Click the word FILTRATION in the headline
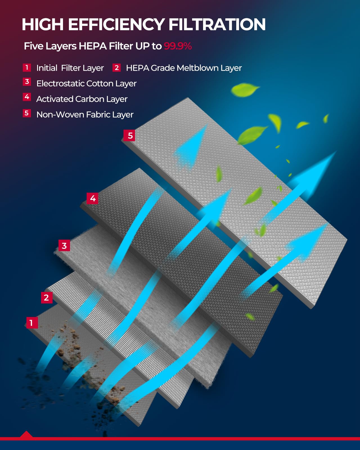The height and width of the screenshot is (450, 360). point(217,24)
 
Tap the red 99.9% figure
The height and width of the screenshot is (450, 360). point(178,46)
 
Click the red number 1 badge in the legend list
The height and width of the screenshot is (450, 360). point(27,67)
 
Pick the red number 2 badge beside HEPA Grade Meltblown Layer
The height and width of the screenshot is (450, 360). point(116,67)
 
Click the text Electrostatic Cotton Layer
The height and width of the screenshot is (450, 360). point(86,84)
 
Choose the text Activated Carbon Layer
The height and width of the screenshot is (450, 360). point(82,99)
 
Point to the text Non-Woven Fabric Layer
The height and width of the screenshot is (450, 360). point(85,115)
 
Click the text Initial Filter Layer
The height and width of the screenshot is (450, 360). point(70,68)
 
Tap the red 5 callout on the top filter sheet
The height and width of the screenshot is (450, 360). point(130,136)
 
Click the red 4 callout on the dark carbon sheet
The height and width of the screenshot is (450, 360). point(93,199)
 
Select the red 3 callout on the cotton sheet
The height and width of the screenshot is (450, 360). point(64,246)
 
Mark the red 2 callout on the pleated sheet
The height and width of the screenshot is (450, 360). point(46,298)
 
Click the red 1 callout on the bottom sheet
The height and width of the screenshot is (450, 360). point(32,323)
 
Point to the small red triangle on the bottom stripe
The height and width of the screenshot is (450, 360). point(26,435)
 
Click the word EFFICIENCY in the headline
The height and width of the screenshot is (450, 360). point(116,24)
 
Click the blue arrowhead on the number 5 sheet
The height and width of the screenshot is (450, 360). point(194,143)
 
